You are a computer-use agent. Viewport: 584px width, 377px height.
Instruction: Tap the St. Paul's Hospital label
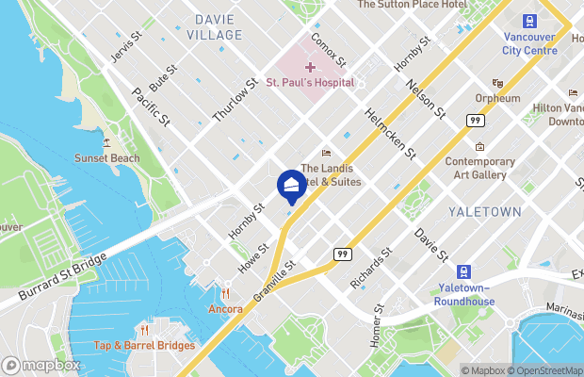point(310,82)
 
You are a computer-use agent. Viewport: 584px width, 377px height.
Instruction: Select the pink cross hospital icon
point(310,66)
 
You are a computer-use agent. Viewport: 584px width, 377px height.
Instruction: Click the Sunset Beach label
point(107,157)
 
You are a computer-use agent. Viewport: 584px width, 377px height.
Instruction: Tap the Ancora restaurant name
point(226,308)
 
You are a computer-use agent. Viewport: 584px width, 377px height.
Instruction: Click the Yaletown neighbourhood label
point(484,212)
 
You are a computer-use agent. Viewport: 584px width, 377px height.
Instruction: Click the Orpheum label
point(498,98)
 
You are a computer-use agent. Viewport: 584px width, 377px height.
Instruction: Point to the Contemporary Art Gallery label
point(480,168)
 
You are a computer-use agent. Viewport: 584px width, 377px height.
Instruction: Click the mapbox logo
point(41,365)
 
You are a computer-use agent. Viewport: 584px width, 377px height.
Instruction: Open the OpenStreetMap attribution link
point(544,370)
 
